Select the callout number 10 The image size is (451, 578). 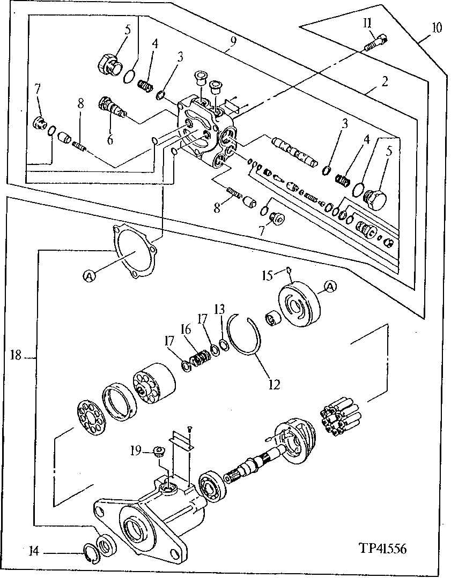437,28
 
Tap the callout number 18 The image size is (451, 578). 14,355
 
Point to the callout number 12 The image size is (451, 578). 274,384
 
